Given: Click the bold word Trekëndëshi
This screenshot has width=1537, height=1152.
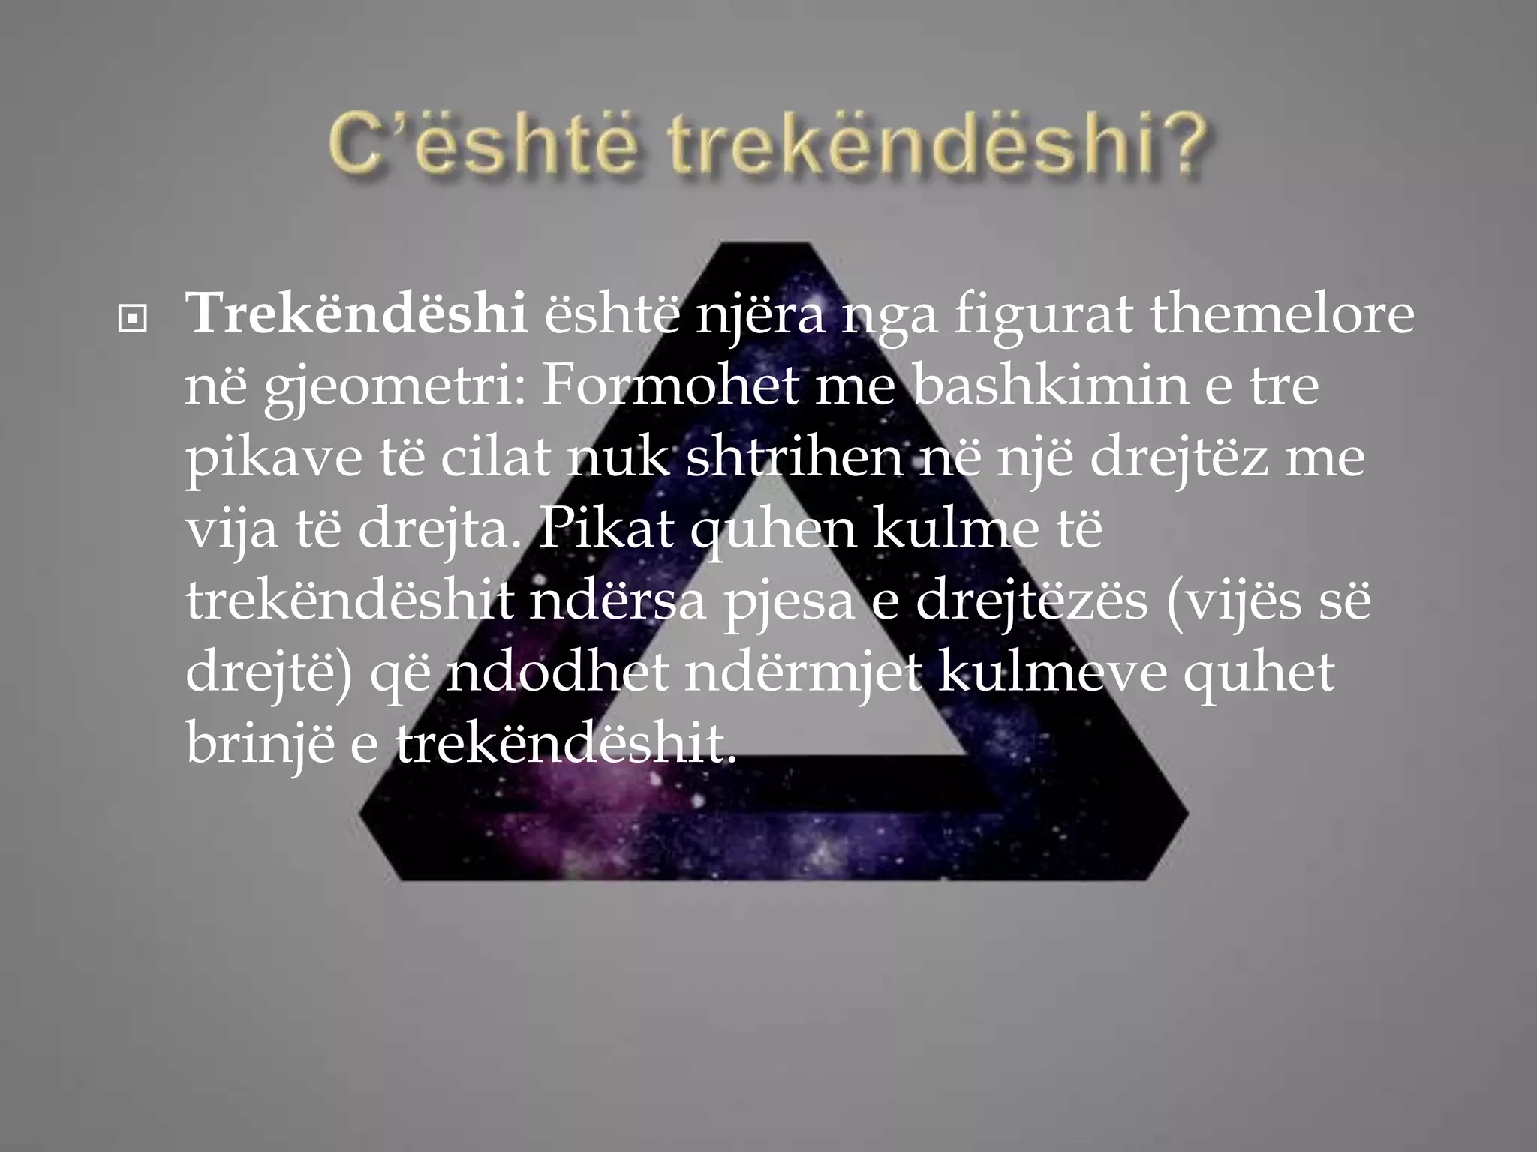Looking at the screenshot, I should [356, 314].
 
